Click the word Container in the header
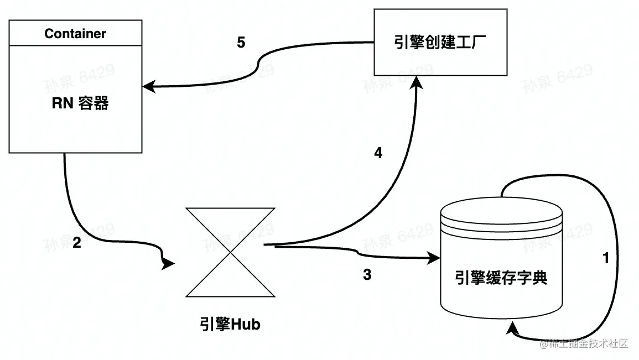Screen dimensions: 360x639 coord(75,34)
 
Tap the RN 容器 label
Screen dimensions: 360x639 coord(80,103)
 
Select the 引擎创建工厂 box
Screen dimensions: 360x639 coord(440,42)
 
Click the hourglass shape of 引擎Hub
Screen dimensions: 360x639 coord(230,252)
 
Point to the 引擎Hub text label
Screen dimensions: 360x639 coord(230,324)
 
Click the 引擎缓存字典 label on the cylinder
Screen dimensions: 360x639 coord(501,278)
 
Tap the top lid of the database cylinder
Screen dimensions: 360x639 coord(501,211)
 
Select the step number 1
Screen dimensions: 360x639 coord(606,258)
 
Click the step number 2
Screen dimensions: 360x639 coord(77,242)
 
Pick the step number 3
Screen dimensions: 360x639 coord(367,274)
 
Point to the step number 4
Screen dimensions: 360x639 coord(378,153)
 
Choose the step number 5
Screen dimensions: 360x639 coord(241,43)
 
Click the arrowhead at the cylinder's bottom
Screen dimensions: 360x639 coord(512,331)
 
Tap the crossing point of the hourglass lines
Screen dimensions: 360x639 coord(230,252)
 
